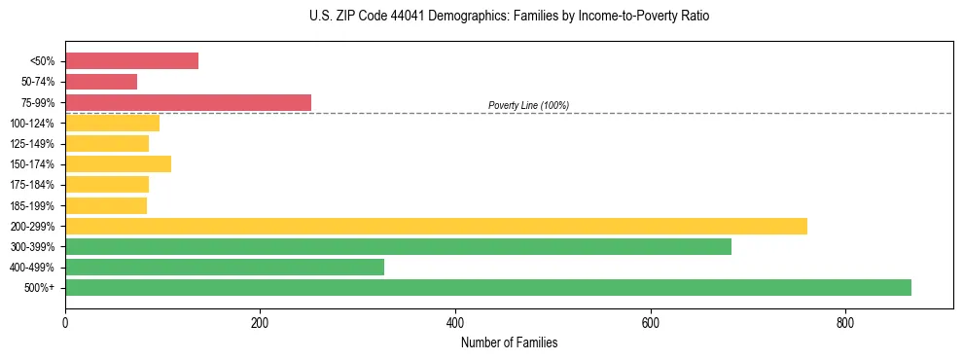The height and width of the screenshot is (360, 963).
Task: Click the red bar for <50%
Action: tap(131, 61)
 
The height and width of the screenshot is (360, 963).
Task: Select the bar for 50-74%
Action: tap(101, 82)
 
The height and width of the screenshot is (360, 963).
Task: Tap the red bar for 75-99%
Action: tap(188, 102)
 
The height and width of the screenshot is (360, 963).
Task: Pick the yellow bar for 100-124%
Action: tap(112, 123)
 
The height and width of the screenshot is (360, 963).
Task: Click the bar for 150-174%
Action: tap(118, 163)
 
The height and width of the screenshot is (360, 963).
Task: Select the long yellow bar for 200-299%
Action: tap(436, 226)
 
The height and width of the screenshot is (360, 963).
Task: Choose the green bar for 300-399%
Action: tap(398, 246)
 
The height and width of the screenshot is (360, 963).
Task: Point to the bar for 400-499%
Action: tap(225, 267)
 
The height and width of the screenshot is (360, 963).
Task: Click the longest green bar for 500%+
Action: tap(488, 287)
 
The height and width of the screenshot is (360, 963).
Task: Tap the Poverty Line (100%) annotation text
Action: tap(528, 105)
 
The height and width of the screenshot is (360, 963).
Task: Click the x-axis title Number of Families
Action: tap(509, 342)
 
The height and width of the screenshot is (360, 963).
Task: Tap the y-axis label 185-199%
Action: tap(32, 205)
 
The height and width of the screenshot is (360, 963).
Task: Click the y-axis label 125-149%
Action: tap(32, 144)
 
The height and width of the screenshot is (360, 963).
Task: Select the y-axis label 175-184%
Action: tap(32, 185)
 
